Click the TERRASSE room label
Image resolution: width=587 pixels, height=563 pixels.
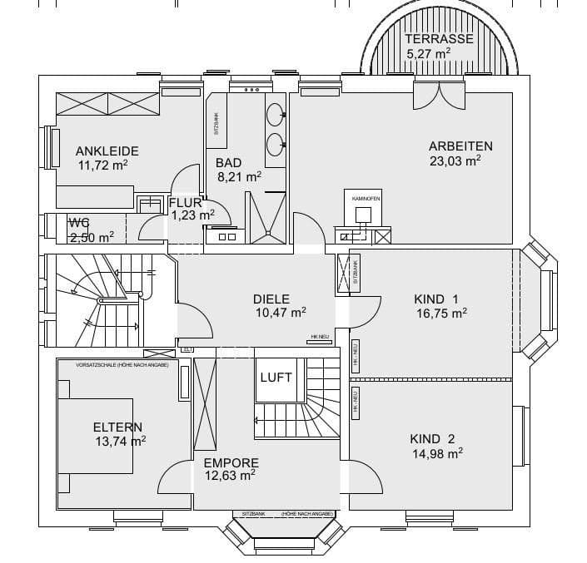tap(439, 39)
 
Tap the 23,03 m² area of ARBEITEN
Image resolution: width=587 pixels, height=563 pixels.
tap(455, 161)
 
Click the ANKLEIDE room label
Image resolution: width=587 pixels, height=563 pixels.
tap(107, 151)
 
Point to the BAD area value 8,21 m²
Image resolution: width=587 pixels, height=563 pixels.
tap(239, 176)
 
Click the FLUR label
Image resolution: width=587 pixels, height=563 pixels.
tap(185, 202)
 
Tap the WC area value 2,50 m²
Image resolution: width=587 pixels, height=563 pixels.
tap(92, 237)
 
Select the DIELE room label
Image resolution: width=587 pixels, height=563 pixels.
tap(271, 299)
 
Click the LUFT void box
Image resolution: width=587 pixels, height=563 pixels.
tap(276, 378)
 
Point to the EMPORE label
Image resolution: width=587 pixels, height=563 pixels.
tap(231, 462)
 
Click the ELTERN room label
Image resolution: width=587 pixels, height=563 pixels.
tap(117, 427)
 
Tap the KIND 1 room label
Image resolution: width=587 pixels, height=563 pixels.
tap(436, 299)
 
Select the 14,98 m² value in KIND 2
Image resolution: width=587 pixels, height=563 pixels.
tap(437, 453)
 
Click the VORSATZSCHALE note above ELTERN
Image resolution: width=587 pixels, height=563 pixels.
tap(122, 365)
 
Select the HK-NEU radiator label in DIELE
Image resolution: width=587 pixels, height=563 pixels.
tap(320, 337)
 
